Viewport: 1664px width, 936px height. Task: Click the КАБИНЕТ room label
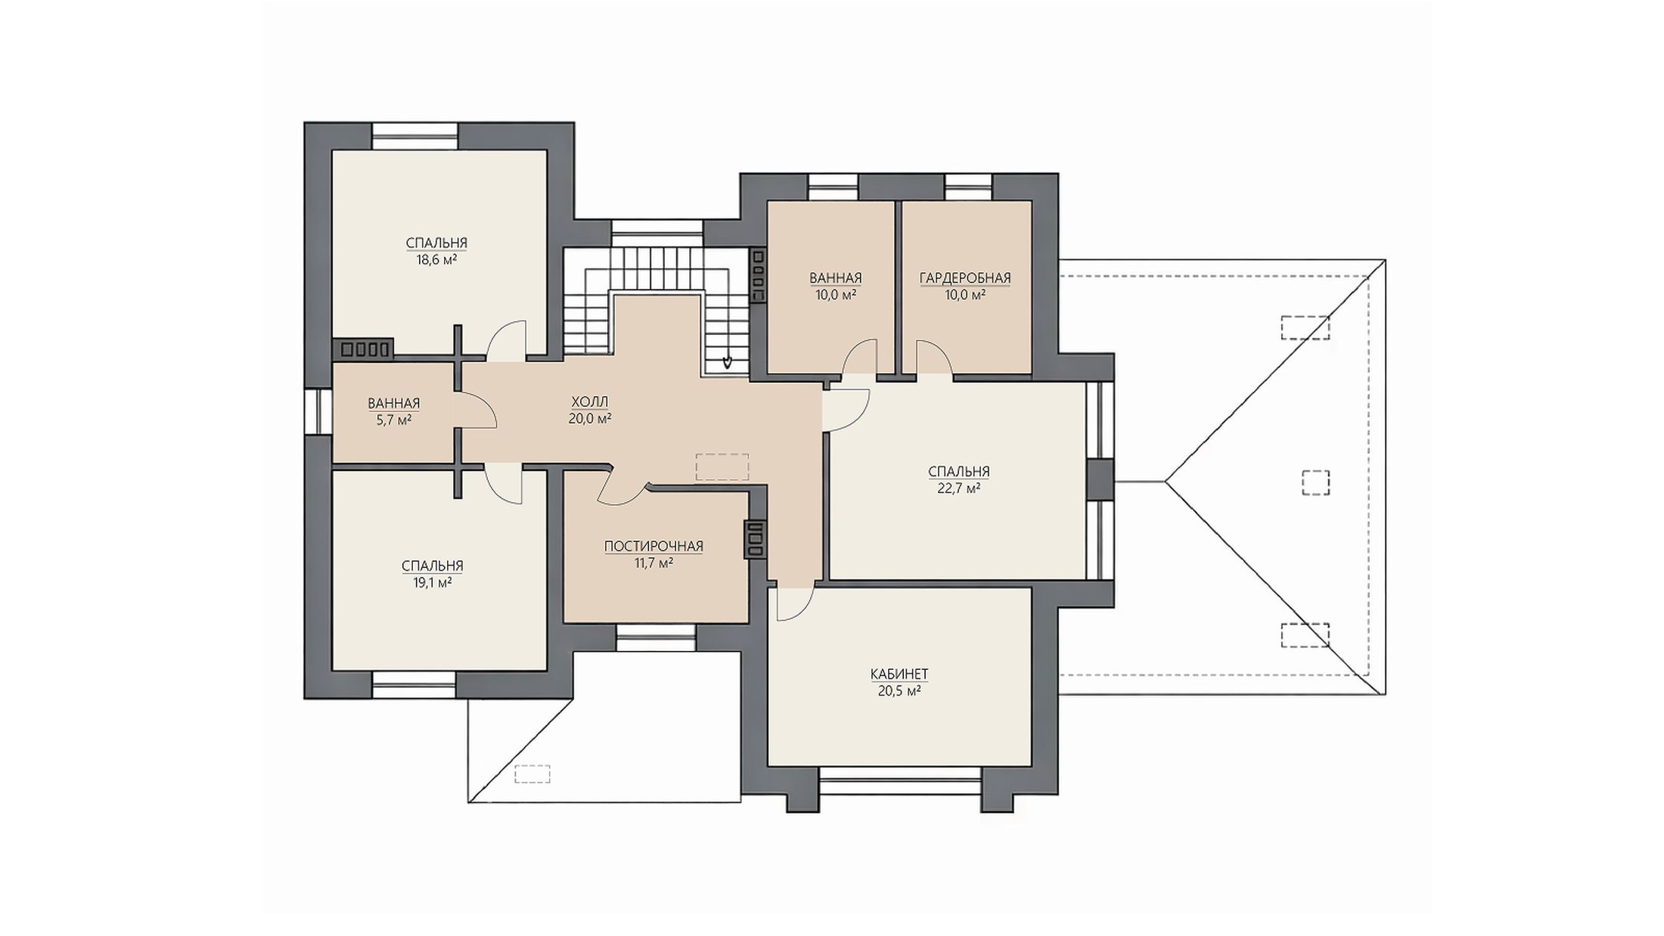899,674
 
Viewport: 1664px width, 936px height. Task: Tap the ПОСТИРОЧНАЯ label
653,546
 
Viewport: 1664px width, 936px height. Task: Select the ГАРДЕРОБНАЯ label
965,278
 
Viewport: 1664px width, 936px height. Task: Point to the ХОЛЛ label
590,401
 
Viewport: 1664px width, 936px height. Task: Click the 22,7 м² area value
959,488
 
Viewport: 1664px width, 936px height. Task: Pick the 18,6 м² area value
436,259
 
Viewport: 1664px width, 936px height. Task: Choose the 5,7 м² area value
394,420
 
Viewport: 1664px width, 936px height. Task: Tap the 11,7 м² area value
653,563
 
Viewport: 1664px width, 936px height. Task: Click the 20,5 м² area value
899,690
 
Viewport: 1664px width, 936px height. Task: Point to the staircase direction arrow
727,361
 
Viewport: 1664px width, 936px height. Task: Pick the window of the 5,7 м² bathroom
318,412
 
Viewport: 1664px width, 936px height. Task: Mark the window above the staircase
657,231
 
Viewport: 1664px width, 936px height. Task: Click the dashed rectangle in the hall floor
722,467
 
